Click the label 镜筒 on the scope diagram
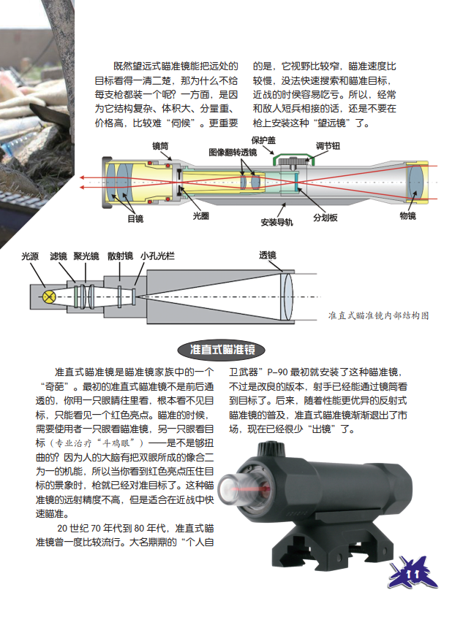tap(160, 146)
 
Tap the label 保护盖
tap(263, 140)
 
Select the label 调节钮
tap(328, 146)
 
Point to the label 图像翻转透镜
tap(233, 153)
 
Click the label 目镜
tap(135, 218)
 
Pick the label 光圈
tap(201, 215)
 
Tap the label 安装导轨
tap(277, 222)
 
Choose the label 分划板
tap(325, 218)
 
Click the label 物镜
tap(408, 215)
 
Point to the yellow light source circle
tap(49, 296)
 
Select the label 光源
tap(30, 256)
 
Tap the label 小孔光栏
tap(157, 256)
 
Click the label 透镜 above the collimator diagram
tap(268, 256)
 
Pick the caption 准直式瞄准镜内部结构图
tap(378, 315)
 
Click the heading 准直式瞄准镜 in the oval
tap(222, 350)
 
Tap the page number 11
tap(413, 575)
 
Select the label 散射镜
tap(121, 256)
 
